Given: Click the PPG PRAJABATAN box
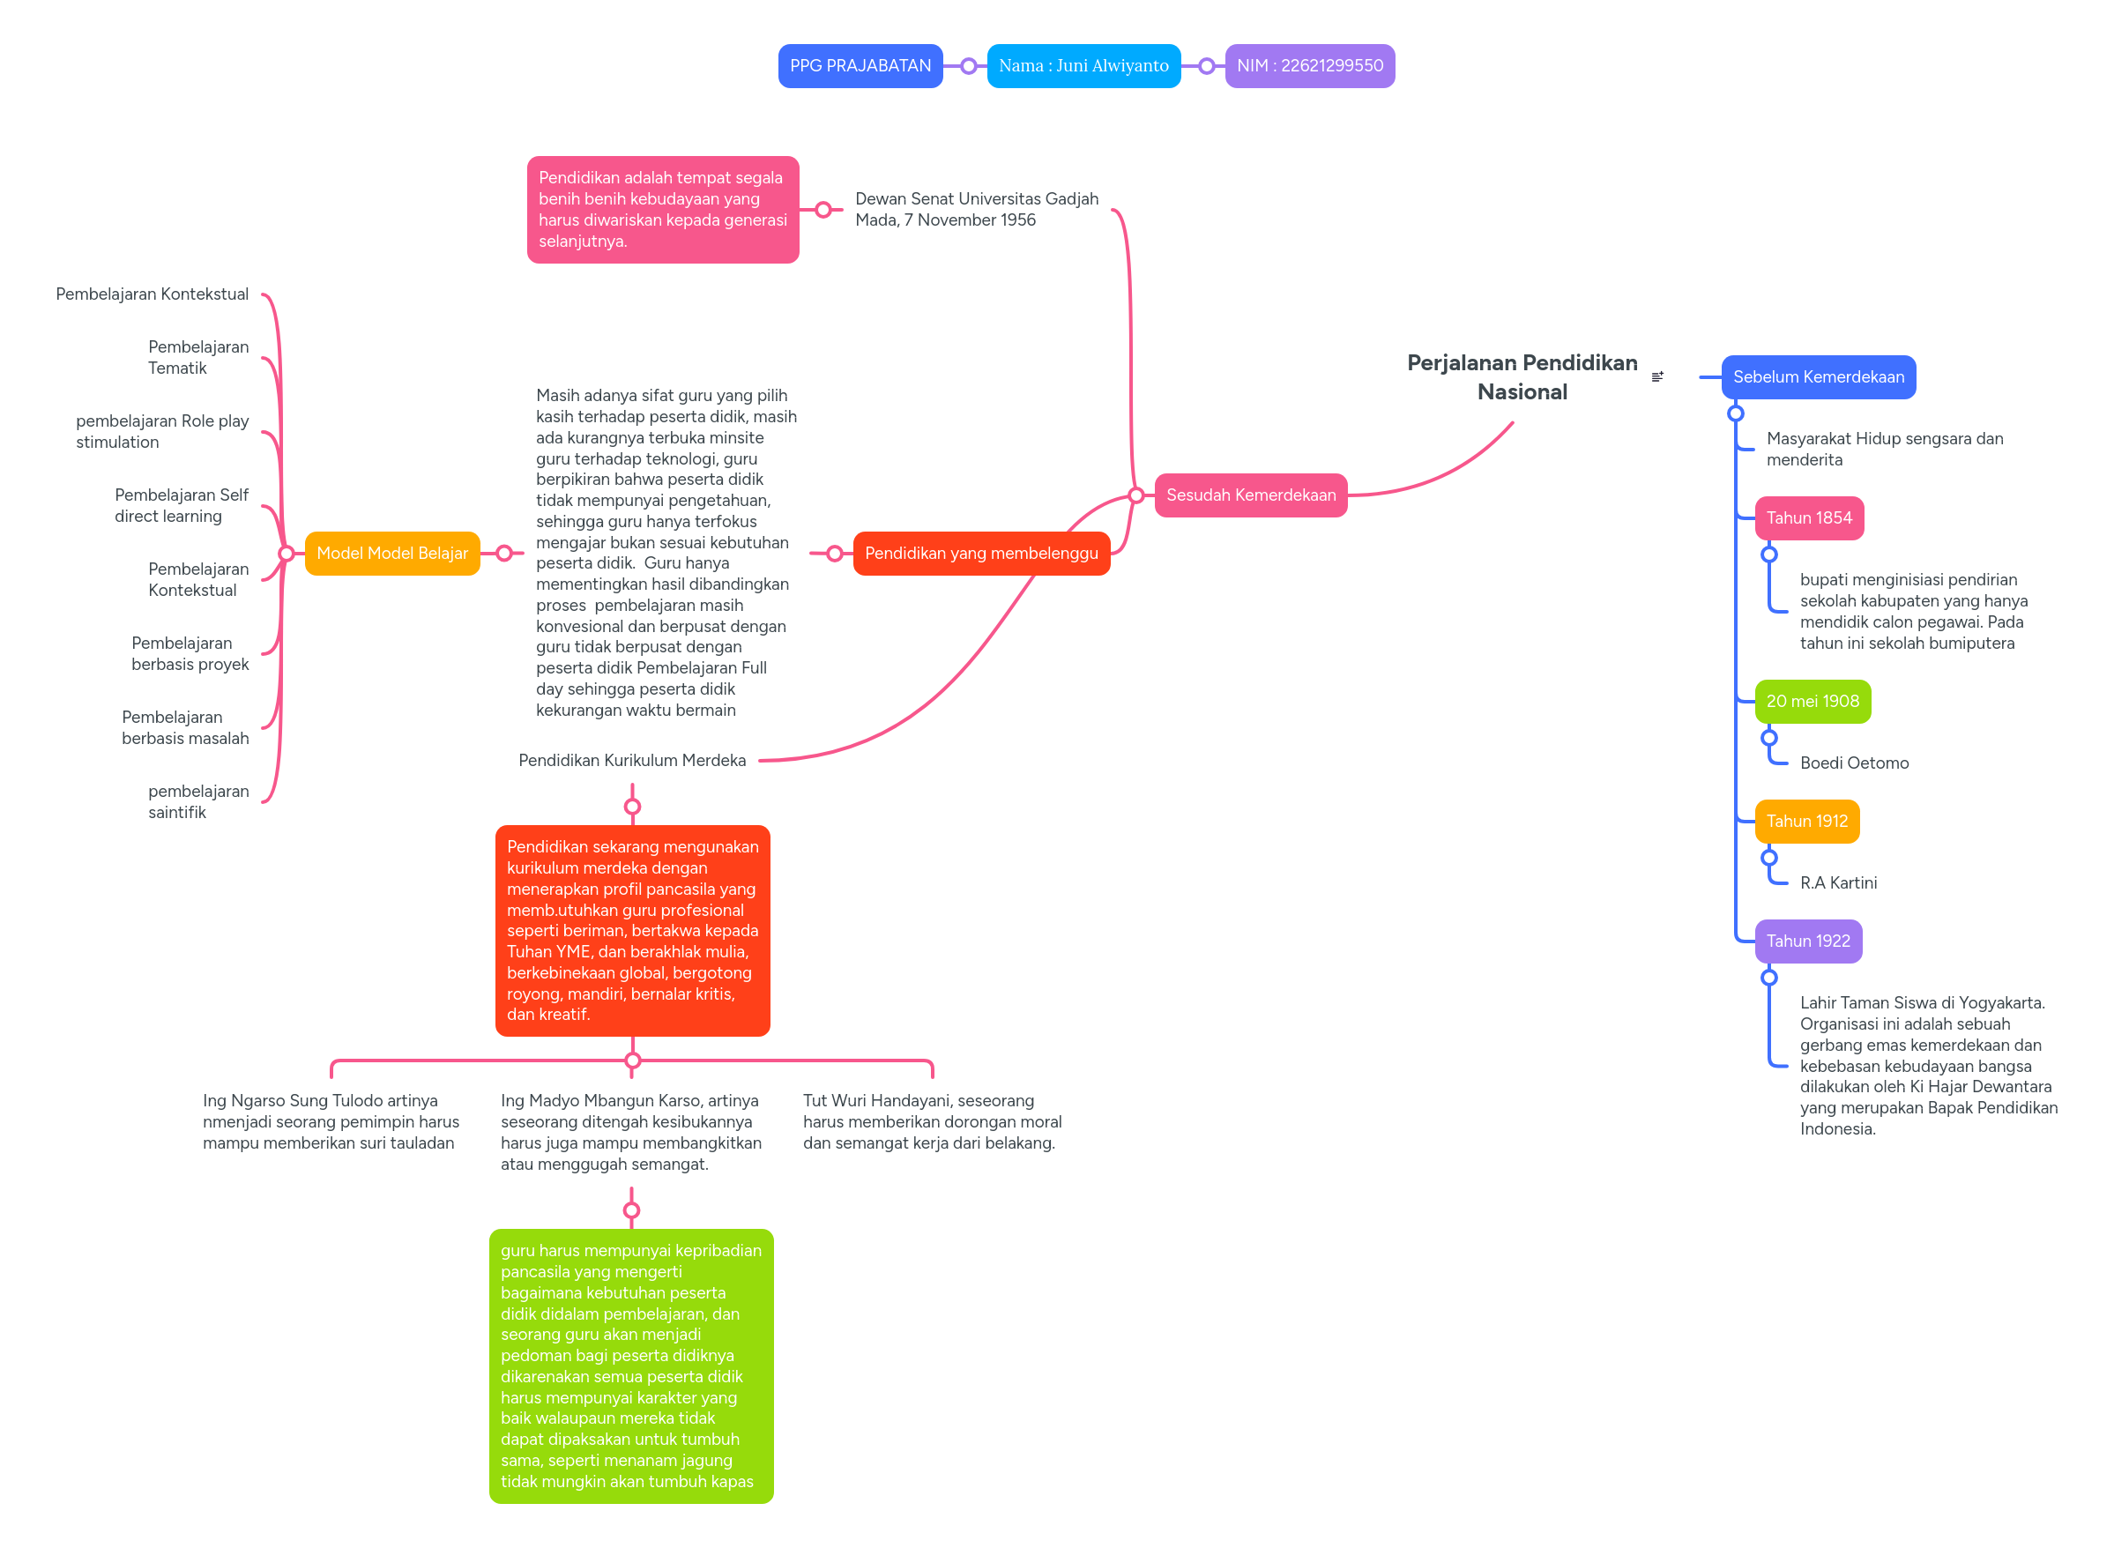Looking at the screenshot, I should (x=860, y=65).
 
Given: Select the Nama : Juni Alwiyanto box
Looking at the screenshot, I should (x=1083, y=65).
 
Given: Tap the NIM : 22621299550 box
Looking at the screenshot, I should (x=1308, y=65).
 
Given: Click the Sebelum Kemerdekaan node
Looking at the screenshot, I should (x=1817, y=376).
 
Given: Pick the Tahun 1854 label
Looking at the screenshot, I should (x=1807, y=517).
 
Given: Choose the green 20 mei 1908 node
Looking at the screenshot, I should (x=1812, y=701).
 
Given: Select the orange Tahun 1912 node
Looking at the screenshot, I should (x=1805, y=821).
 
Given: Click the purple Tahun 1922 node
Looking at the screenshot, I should (x=1806, y=941).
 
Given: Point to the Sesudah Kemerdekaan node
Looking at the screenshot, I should (x=1250, y=495).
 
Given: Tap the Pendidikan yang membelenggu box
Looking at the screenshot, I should (x=980, y=553).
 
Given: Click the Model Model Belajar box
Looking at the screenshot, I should (x=391, y=553).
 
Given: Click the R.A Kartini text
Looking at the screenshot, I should (x=1836, y=882).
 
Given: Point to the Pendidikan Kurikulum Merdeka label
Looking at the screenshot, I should (x=631, y=760).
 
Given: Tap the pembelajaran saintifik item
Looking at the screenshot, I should (x=197, y=801).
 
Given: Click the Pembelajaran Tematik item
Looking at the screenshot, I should (x=197, y=357).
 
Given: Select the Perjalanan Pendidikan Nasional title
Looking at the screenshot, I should (x=1521, y=376).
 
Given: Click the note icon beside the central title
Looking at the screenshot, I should (x=1656, y=376).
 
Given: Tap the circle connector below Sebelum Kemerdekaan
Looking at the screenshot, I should (x=1735, y=413).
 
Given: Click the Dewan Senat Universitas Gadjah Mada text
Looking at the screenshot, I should (x=976, y=209).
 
